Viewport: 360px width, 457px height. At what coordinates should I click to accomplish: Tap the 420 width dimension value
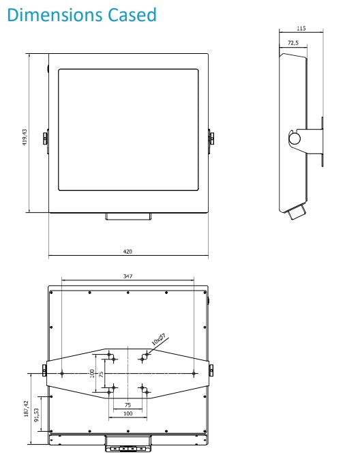(127, 252)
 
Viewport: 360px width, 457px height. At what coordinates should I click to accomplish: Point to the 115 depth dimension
(301, 29)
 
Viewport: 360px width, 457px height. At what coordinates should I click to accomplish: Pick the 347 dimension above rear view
(127, 276)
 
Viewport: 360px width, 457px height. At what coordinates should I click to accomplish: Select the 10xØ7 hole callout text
(158, 338)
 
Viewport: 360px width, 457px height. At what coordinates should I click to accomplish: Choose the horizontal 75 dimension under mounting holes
(127, 404)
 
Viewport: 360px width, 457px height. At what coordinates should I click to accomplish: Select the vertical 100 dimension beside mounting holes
(91, 373)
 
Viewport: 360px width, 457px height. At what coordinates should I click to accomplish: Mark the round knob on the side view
(295, 138)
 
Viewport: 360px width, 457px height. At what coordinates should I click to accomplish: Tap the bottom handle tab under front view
(127, 216)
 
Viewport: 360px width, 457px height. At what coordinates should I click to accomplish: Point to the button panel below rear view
(127, 449)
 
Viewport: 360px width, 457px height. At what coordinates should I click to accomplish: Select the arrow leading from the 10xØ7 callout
(150, 351)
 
